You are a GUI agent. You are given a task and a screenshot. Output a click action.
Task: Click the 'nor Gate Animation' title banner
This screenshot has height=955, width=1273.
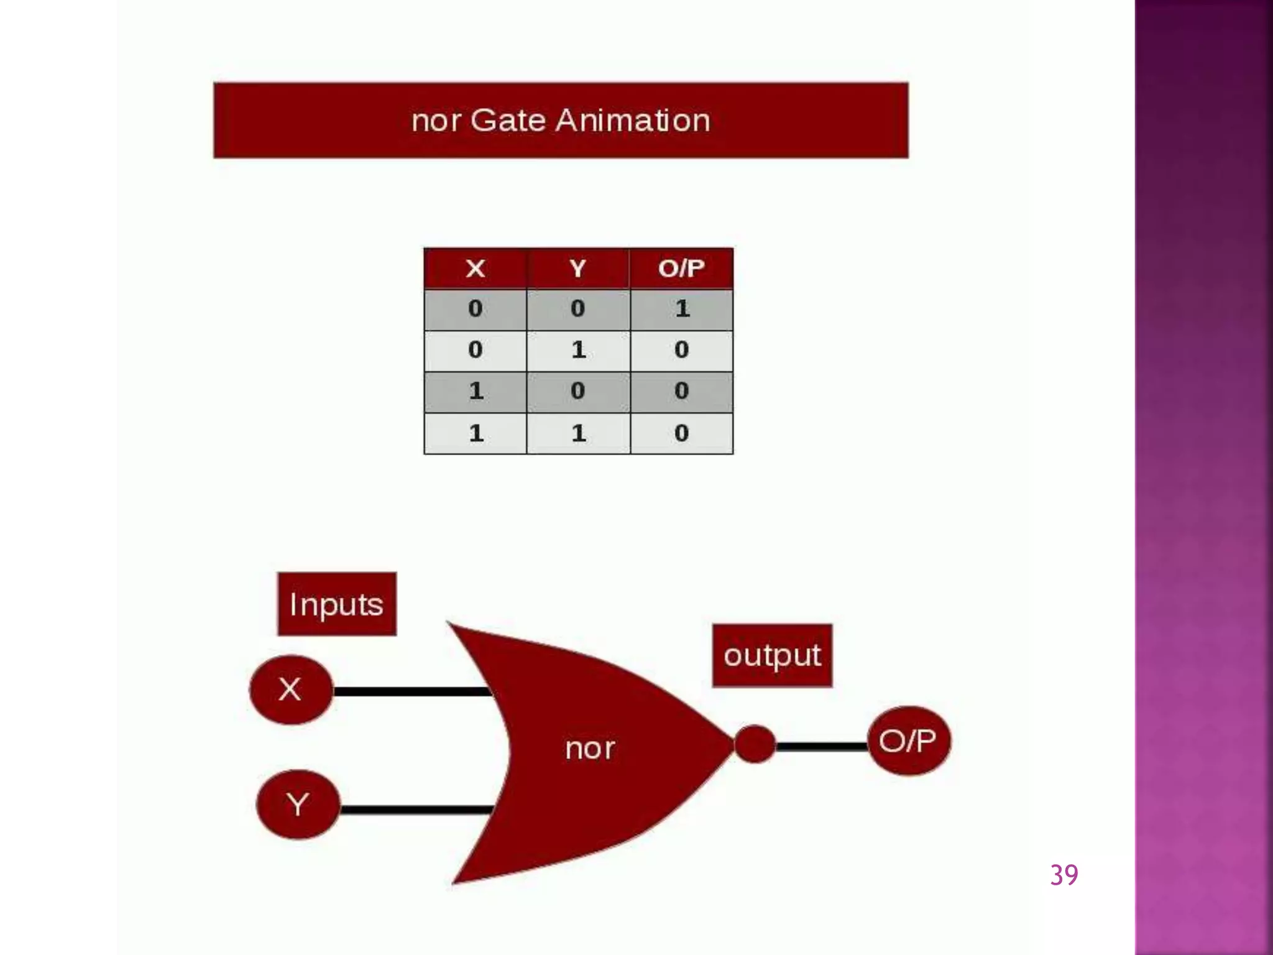coord(561,120)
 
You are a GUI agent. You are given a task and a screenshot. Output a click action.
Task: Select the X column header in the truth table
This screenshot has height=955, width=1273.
coord(476,269)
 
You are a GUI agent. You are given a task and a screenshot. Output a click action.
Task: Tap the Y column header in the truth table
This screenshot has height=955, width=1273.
coord(578,269)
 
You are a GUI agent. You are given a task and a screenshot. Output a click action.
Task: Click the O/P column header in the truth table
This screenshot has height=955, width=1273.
coord(682,269)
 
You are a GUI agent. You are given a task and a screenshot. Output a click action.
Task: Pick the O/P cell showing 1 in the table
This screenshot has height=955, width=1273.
coord(682,309)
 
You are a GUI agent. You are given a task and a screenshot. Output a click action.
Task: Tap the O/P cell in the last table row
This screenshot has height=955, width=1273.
coord(682,433)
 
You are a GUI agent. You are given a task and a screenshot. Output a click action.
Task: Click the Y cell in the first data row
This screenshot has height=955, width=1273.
coord(578,309)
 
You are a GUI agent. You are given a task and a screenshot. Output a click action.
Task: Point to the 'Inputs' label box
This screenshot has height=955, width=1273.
coord(336,604)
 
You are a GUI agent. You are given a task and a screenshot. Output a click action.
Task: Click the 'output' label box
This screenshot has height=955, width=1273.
coord(772,655)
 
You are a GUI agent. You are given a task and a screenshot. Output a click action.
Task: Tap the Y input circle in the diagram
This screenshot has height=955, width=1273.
coord(298,805)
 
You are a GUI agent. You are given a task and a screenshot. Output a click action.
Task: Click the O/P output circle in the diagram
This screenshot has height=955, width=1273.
coord(908,740)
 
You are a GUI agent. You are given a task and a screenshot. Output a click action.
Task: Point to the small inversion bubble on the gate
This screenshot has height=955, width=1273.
coord(755,744)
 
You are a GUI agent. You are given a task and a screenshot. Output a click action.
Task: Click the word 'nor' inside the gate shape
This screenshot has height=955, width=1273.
coord(590,749)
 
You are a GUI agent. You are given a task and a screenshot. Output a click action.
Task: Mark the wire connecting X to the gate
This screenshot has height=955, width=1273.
coord(410,691)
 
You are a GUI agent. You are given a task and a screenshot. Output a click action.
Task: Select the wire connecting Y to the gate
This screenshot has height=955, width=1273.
coord(416,809)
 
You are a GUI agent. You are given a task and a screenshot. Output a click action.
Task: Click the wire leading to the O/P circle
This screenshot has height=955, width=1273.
coord(822,746)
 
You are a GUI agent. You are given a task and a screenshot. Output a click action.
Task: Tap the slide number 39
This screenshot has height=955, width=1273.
coord(1064,875)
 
